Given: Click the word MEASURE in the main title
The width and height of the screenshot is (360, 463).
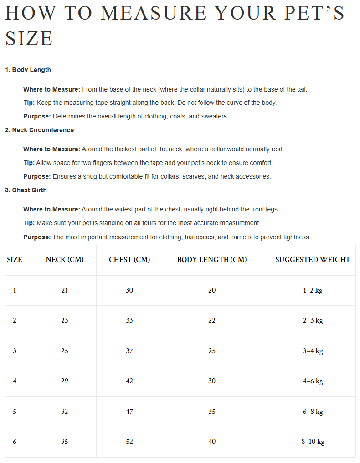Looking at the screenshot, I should [x=154, y=13].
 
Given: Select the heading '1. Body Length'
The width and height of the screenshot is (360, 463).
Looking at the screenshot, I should [x=28, y=70].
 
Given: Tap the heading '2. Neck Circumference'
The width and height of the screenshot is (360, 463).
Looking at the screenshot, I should [x=39, y=130].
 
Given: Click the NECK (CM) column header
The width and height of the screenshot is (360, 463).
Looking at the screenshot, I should [x=65, y=260].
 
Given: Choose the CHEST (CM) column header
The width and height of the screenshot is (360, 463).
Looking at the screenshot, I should [x=129, y=260].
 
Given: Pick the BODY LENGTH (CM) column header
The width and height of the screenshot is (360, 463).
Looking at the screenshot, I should [x=212, y=260].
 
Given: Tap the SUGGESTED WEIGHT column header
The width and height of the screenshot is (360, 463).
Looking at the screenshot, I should [x=313, y=260].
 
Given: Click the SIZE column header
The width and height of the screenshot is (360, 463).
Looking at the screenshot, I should [x=15, y=260].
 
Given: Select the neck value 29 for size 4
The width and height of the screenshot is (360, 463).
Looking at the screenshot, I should [x=65, y=381].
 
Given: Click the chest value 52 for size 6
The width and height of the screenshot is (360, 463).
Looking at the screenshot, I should [x=129, y=442].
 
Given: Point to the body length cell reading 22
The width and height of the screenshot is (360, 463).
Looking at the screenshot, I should [x=212, y=320].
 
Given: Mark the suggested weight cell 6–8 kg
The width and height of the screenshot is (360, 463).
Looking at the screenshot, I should [x=313, y=412].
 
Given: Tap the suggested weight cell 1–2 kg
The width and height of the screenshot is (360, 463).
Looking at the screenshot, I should [x=313, y=290].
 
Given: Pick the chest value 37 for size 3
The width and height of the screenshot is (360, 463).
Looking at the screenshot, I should [x=129, y=351].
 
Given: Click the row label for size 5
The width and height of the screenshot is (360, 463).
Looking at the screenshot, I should [x=15, y=412].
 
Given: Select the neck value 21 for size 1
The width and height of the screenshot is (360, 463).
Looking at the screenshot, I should [x=65, y=290].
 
